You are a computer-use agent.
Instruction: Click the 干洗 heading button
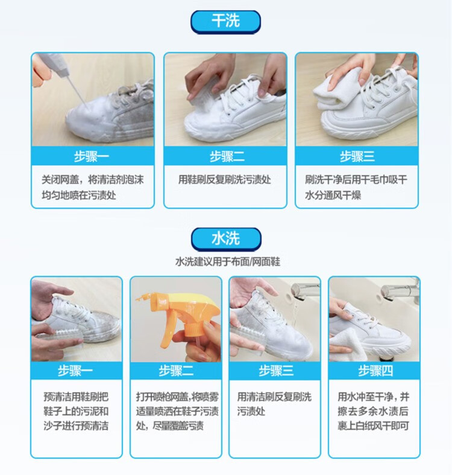225,22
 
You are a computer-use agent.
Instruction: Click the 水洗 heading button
225,239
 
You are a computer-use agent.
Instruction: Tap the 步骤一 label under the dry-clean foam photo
92,156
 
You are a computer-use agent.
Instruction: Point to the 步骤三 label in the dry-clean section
357,156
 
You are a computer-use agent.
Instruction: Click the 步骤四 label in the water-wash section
375,371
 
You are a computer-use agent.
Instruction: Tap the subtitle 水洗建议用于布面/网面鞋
228,262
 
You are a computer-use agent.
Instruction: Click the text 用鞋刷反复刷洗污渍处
224,180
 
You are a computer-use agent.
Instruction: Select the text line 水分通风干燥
333,195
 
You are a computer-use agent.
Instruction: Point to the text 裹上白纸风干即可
373,426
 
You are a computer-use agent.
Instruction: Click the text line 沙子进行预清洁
76,426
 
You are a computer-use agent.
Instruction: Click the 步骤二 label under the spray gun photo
176,371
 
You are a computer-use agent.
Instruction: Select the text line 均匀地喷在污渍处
79,195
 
